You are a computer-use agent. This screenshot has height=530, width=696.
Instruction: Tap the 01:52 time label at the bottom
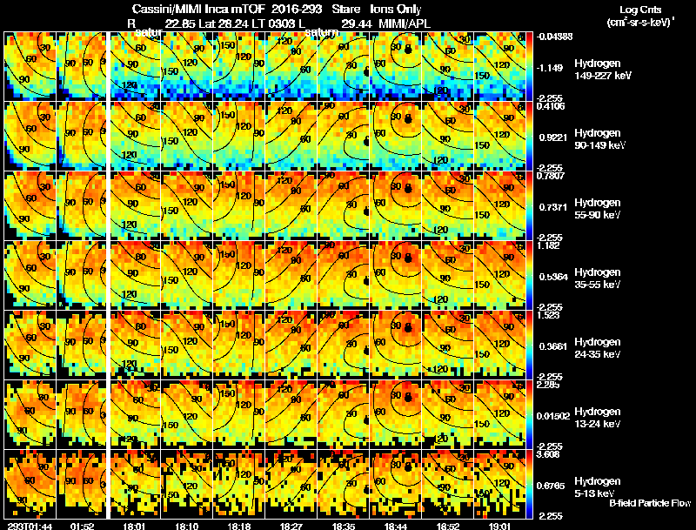pyautogui.click(x=82, y=526)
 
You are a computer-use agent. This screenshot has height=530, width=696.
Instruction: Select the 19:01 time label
pyautogui.click(x=499, y=526)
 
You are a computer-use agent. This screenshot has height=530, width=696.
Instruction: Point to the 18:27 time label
pyautogui.click(x=291, y=526)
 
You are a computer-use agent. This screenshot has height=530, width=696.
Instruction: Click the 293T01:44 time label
pyautogui.click(x=28, y=526)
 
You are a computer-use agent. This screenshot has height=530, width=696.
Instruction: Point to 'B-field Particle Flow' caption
pyautogui.click(x=649, y=503)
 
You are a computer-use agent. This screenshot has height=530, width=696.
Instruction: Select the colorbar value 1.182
pyautogui.click(x=550, y=245)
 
